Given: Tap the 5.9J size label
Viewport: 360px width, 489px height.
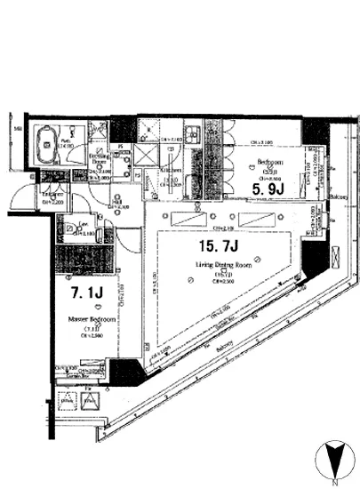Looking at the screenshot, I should [267, 189].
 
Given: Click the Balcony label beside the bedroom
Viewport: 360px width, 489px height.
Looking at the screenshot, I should [338, 196].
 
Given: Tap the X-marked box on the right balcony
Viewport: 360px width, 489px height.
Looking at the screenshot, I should [333, 256].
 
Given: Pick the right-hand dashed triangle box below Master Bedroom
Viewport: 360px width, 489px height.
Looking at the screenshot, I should [91, 401].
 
